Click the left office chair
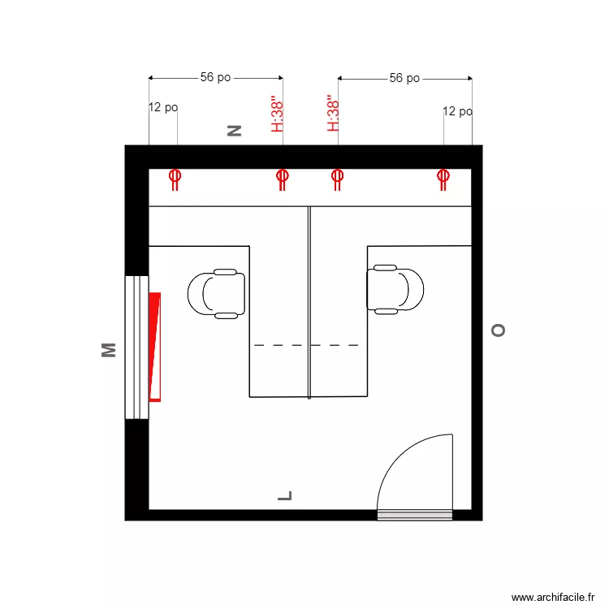click(217, 293)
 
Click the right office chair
click(395, 288)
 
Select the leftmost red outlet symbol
click(175, 179)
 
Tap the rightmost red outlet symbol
click(443, 179)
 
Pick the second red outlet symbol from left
click(282, 179)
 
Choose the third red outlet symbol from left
click(338, 179)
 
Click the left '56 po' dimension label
click(215, 78)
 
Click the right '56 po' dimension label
click(404, 79)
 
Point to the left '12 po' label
click(163, 107)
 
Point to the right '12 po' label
click(457, 111)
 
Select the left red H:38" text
click(277, 114)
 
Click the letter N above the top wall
click(235, 130)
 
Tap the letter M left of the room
click(108, 350)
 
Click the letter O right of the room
click(498, 330)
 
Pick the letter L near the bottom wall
click(284, 495)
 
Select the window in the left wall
click(136, 348)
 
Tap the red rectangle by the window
click(155, 347)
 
